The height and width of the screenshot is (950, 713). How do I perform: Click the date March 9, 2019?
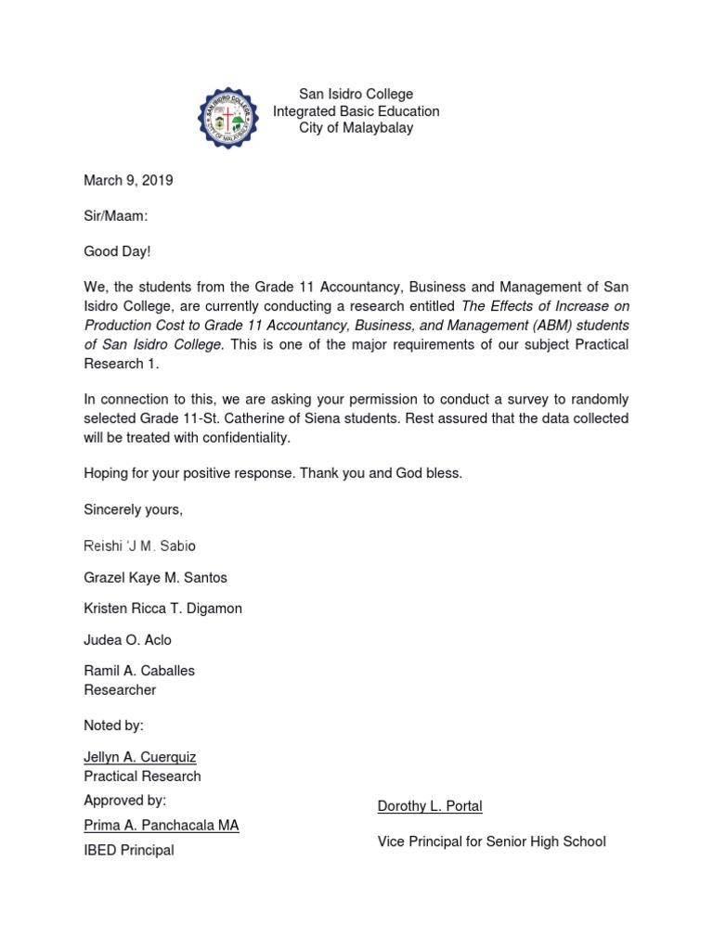click(128, 181)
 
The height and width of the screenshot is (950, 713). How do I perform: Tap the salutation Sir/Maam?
click(116, 216)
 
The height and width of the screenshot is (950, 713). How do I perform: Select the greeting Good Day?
click(116, 251)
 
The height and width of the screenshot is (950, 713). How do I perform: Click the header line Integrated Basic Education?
click(356, 111)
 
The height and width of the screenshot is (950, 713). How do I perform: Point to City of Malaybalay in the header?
click(356, 128)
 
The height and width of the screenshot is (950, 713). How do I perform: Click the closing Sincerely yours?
click(134, 509)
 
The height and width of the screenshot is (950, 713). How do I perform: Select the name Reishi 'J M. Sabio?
click(140, 546)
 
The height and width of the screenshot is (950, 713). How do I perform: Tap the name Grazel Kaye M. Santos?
click(155, 577)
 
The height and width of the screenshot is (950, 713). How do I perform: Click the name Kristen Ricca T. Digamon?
click(163, 609)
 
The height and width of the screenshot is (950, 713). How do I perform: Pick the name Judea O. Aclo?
click(127, 640)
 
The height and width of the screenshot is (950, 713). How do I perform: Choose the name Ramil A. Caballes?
click(139, 671)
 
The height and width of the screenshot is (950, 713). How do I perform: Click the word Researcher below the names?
click(120, 690)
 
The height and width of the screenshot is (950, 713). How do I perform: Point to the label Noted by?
click(114, 725)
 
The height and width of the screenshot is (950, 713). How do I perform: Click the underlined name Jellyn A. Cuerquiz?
click(140, 757)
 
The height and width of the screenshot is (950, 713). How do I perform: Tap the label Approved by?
click(125, 800)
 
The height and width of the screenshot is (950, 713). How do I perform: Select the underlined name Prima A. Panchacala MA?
click(162, 825)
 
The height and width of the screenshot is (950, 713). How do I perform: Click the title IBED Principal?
click(129, 850)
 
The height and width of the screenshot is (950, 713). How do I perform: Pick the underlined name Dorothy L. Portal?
click(430, 806)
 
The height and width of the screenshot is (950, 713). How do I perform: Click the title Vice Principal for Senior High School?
click(491, 841)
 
